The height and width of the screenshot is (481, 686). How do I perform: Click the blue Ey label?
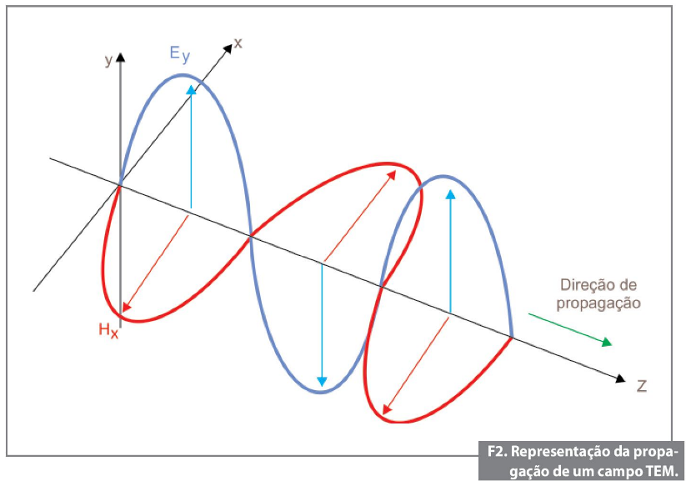point(180,55)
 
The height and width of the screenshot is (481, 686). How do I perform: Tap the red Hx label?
point(108,330)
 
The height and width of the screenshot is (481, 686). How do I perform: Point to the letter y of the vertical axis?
point(108,60)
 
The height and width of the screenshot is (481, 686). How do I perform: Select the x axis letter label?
point(238,43)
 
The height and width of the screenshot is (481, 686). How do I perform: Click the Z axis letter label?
point(641,386)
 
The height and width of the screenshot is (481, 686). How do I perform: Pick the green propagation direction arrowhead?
point(607,342)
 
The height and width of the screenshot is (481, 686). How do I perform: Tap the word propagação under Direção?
point(598,303)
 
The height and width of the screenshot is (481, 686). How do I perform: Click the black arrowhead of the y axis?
point(121,58)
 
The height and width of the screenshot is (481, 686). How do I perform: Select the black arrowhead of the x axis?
point(227,48)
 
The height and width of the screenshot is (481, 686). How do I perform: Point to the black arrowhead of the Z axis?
point(620,378)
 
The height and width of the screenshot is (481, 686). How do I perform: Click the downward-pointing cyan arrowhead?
point(322,381)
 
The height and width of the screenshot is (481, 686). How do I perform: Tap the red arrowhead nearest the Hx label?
point(126,308)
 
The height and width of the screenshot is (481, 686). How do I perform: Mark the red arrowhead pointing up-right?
point(392,175)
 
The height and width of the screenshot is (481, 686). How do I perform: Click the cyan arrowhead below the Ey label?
point(191,90)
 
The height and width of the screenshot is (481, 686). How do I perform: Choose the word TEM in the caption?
point(661,471)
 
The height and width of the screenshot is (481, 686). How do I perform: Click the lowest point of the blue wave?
point(321,392)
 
